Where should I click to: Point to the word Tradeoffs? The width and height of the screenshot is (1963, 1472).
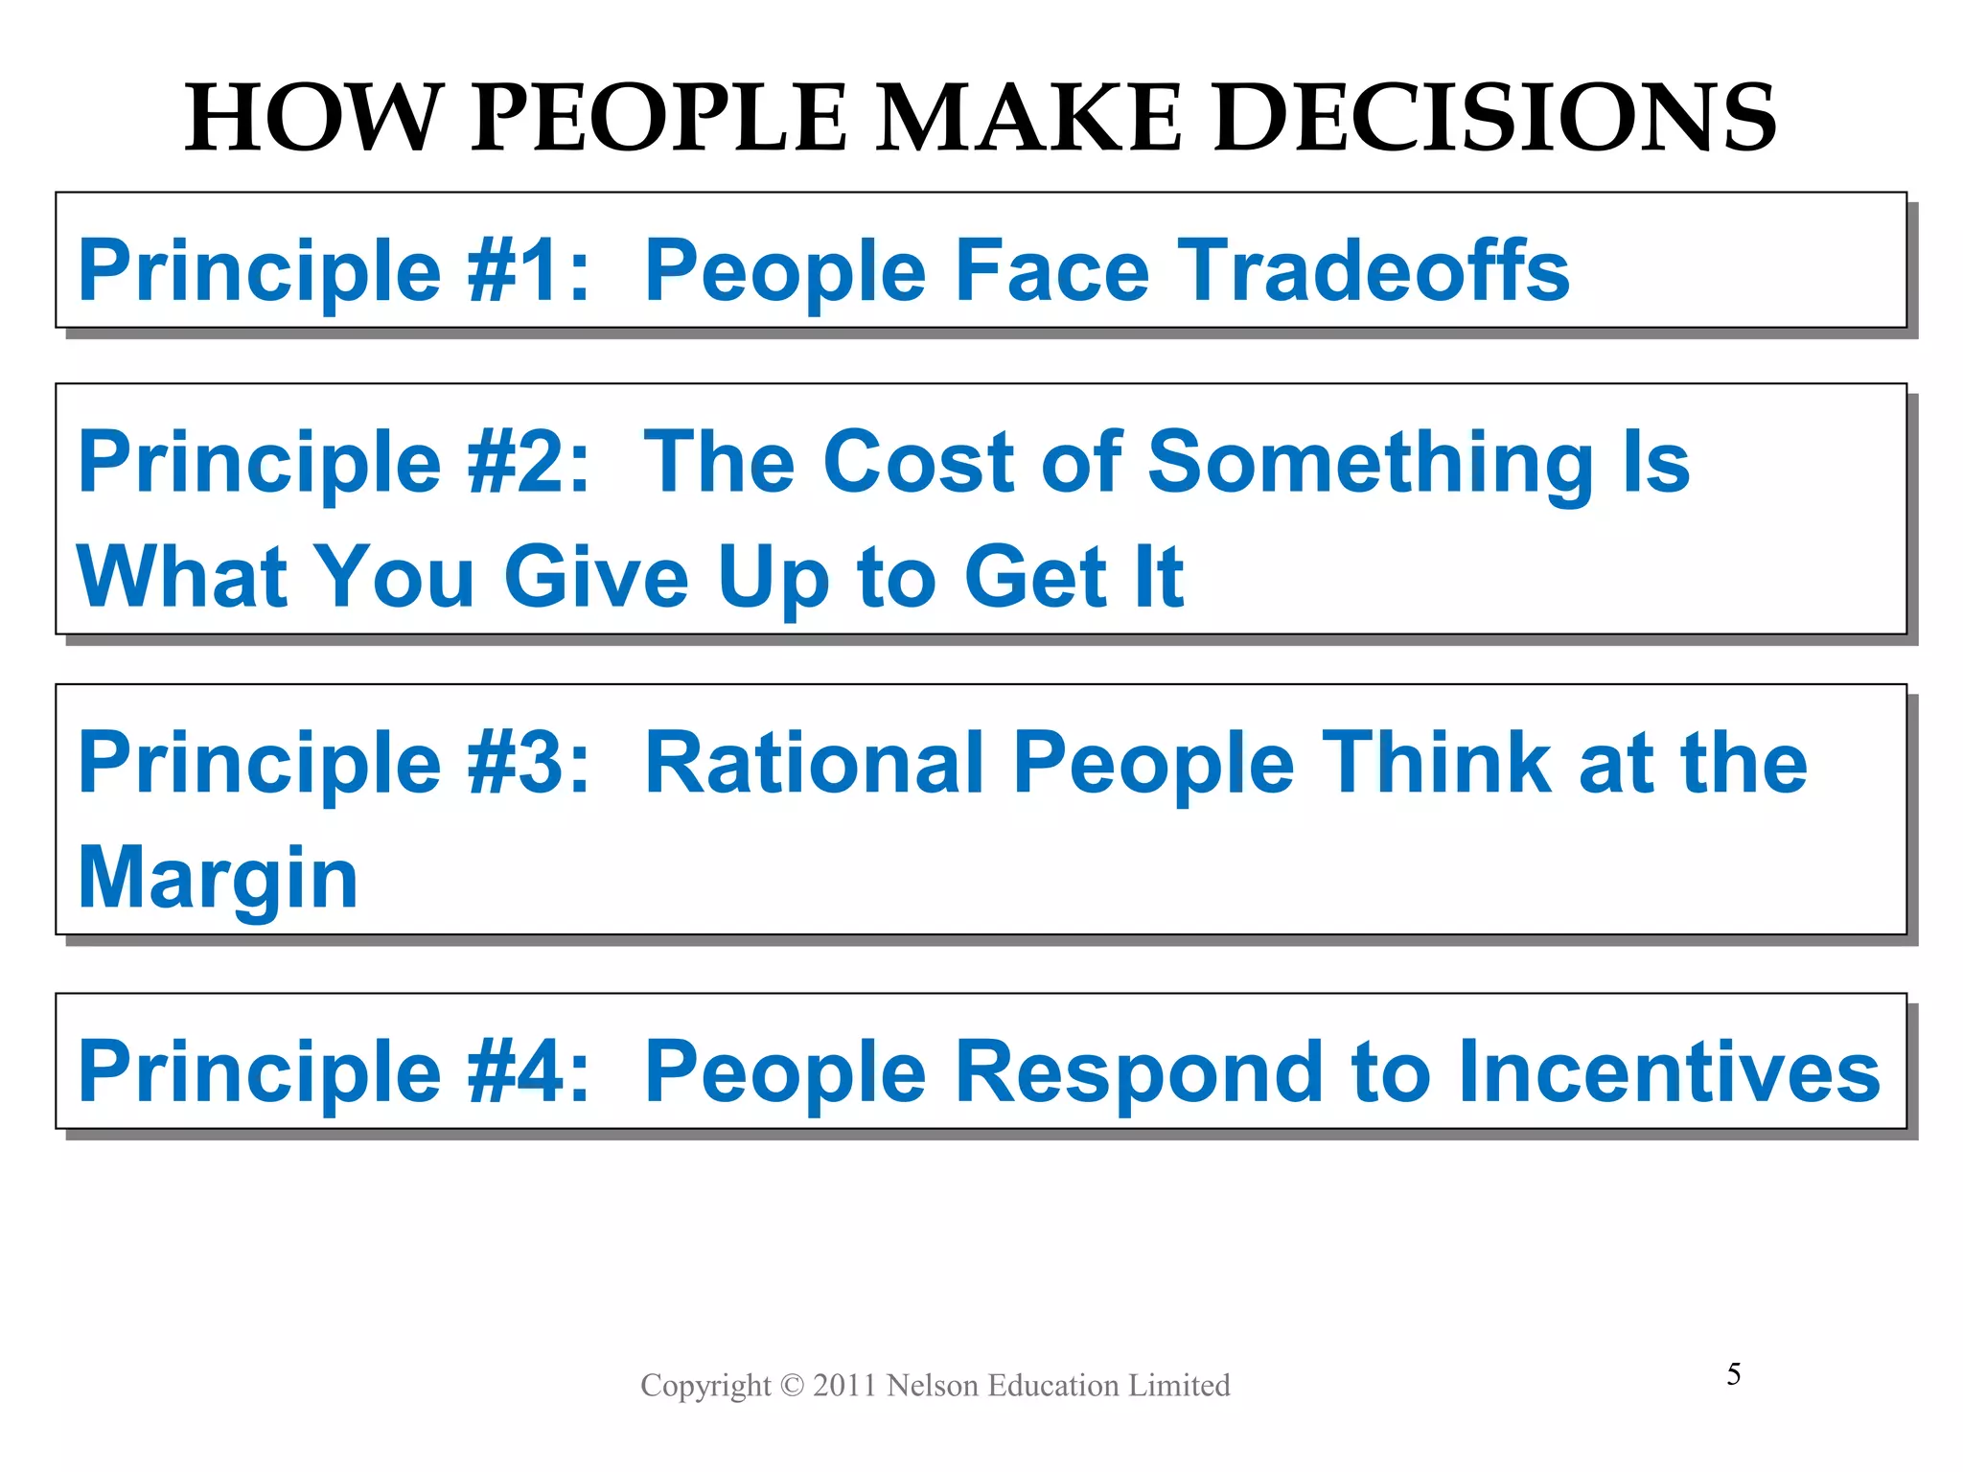click(1374, 271)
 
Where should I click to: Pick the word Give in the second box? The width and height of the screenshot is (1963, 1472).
click(596, 577)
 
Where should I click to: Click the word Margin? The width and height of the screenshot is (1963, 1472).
click(219, 880)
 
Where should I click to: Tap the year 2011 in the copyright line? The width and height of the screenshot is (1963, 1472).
click(844, 1386)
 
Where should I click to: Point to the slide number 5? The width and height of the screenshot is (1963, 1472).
click(1734, 1374)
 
